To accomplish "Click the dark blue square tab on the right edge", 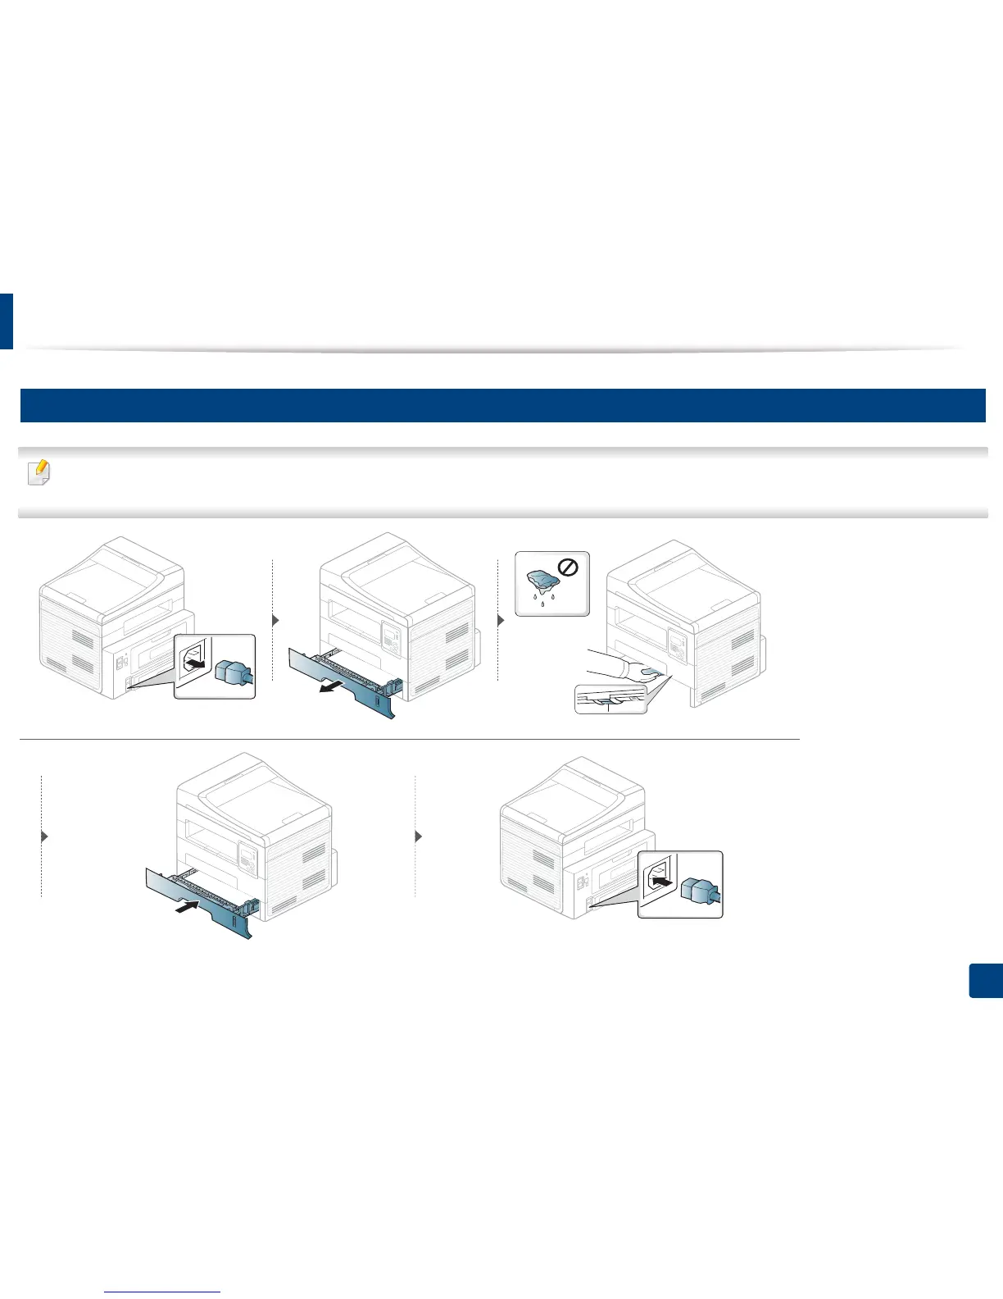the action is [x=986, y=981].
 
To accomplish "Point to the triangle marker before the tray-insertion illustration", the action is [x=45, y=836].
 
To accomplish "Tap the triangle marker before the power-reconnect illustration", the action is [x=420, y=837].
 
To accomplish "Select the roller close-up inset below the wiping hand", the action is [x=610, y=699].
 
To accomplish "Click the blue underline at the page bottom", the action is [x=163, y=1292].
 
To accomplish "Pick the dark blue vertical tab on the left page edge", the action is [x=6, y=321].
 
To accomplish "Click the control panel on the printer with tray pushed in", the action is [x=247, y=856].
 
